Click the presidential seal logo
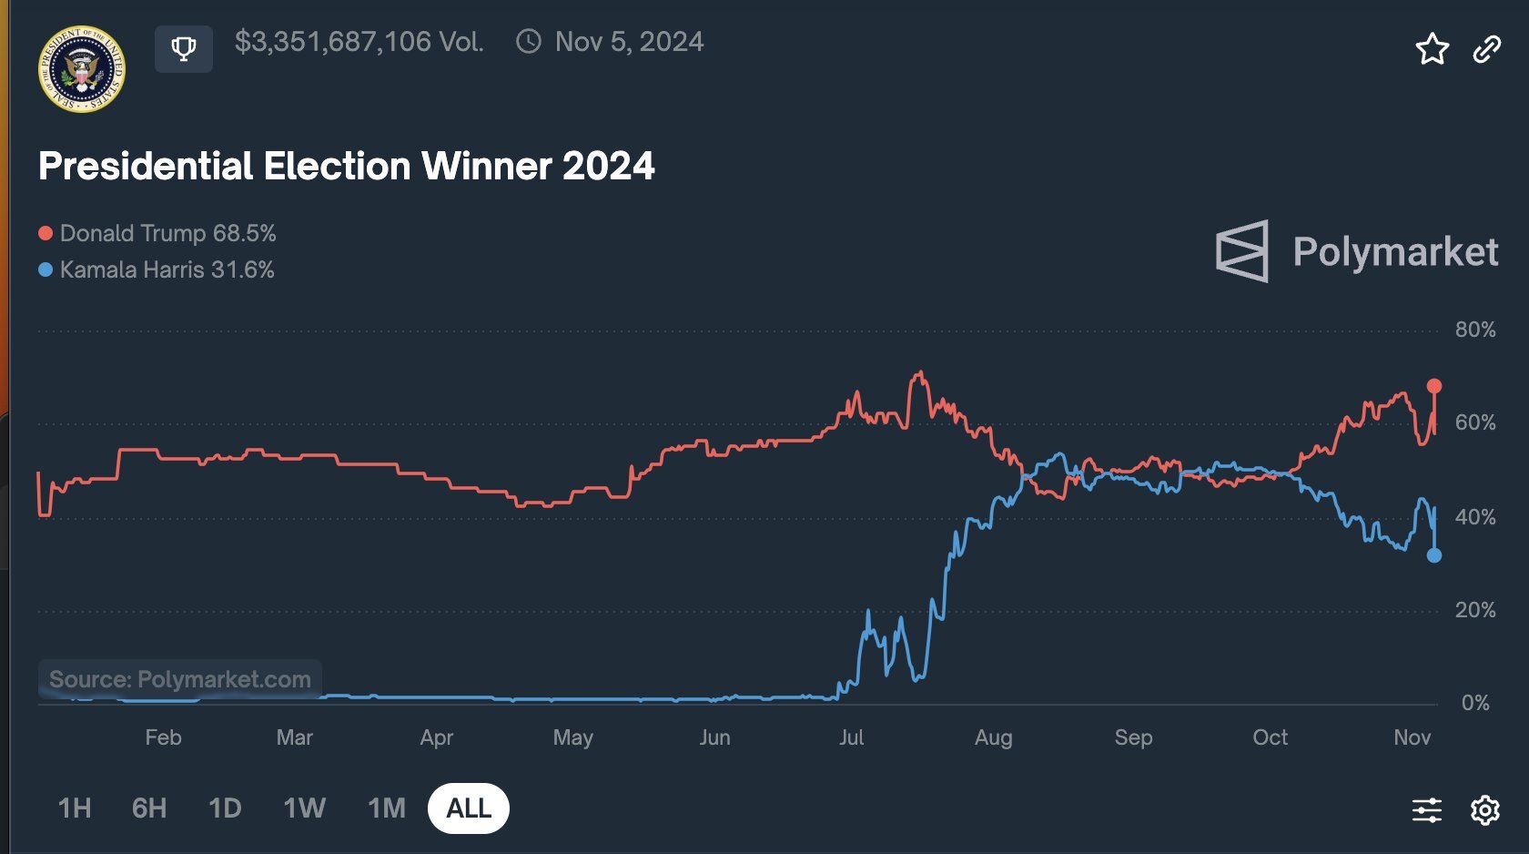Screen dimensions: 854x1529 (x=82, y=69)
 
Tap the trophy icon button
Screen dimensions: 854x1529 (x=184, y=48)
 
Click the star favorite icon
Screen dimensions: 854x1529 (x=1432, y=49)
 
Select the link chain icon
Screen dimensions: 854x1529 (x=1486, y=49)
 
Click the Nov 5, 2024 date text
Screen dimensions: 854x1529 (x=629, y=42)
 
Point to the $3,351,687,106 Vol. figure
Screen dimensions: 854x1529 (x=359, y=42)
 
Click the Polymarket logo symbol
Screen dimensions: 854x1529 (x=1242, y=251)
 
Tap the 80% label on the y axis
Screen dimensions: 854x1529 (x=1474, y=330)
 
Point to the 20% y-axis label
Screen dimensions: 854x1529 (x=1474, y=610)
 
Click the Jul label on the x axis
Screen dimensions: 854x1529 (x=851, y=737)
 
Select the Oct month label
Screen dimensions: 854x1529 (x=1270, y=737)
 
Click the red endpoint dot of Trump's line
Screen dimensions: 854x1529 (x=1434, y=386)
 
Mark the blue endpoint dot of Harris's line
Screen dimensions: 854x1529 (x=1434, y=555)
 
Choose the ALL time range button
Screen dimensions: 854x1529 (x=469, y=808)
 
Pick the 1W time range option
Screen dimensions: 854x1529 (x=304, y=808)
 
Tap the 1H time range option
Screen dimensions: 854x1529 (x=75, y=808)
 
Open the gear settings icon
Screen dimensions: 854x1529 (x=1485, y=809)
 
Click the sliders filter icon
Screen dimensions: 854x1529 (x=1426, y=809)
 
